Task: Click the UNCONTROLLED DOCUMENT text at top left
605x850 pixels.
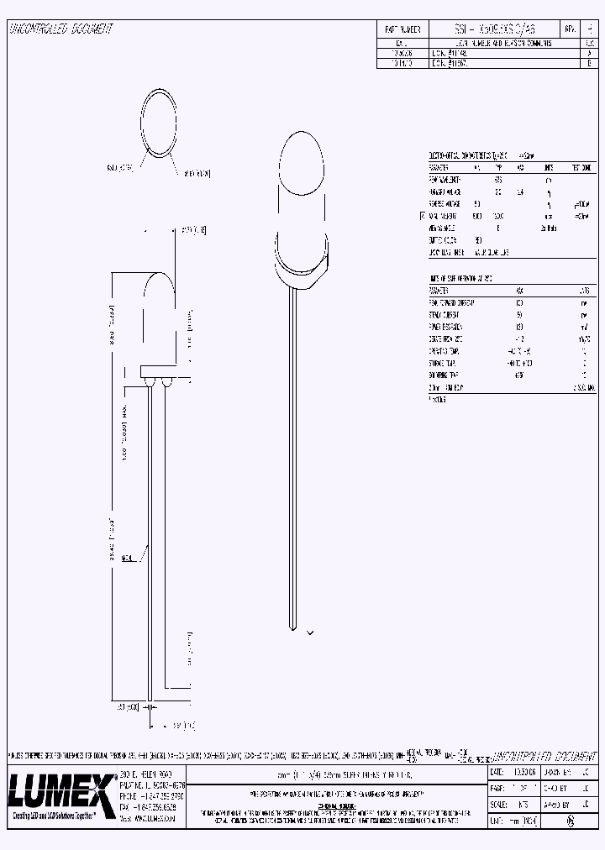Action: (60, 29)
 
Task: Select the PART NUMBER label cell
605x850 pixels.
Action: (402, 29)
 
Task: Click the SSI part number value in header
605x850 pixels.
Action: (490, 29)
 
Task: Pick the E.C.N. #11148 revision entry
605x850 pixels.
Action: (454, 51)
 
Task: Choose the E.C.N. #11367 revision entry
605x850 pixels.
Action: (454, 62)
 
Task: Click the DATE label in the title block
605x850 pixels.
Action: (497, 771)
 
